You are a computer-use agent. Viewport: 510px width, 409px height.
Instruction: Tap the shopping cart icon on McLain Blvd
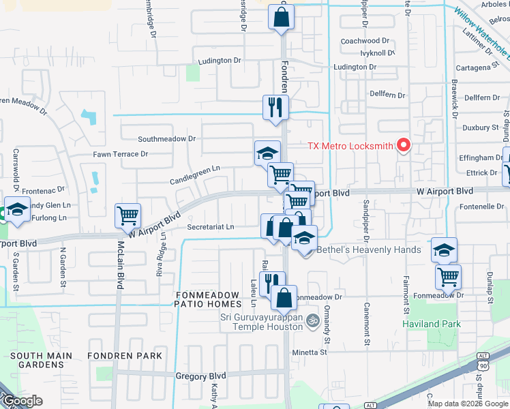(128, 216)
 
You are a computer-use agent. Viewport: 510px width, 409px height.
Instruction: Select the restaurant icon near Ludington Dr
(276, 107)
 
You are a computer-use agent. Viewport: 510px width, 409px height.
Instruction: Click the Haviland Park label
(432, 324)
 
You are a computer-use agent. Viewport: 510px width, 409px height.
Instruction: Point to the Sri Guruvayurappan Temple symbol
(312, 319)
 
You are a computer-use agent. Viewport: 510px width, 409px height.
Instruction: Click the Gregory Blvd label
(200, 376)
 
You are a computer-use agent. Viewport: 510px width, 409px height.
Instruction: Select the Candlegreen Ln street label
(196, 168)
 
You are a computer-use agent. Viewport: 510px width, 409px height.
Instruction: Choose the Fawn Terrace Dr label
(121, 154)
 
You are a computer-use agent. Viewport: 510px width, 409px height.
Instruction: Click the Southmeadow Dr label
(166, 138)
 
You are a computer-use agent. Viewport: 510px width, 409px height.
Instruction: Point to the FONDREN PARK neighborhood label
(125, 356)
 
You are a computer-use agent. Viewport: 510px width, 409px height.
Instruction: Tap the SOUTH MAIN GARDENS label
(37, 360)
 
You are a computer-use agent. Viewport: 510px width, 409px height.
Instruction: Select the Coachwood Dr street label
(365, 41)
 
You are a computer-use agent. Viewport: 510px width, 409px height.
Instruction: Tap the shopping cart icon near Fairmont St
(448, 276)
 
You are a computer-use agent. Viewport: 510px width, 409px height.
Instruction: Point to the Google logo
(22, 401)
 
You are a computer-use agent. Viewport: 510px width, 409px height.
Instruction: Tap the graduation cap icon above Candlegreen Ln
(268, 153)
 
